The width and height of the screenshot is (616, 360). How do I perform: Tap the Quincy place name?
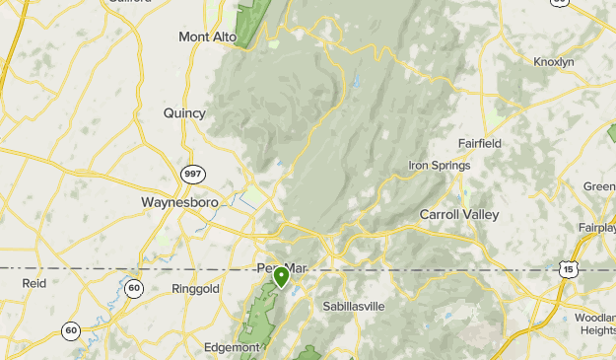184,113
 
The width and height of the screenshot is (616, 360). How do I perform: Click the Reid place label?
34,283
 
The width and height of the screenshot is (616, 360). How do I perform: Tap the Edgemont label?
231,347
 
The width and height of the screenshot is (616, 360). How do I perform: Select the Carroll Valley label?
459,214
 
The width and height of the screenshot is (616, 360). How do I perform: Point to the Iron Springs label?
440,165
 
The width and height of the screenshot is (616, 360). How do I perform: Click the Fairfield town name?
479,143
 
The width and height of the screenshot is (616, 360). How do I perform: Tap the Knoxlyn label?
553,61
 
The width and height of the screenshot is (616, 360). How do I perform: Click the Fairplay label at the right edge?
597,228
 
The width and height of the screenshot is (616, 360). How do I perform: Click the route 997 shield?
193,174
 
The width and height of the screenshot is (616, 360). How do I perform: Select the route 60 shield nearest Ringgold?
134,287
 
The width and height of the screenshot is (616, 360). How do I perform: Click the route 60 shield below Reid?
70,330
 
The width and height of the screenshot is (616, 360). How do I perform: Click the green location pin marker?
282,276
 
